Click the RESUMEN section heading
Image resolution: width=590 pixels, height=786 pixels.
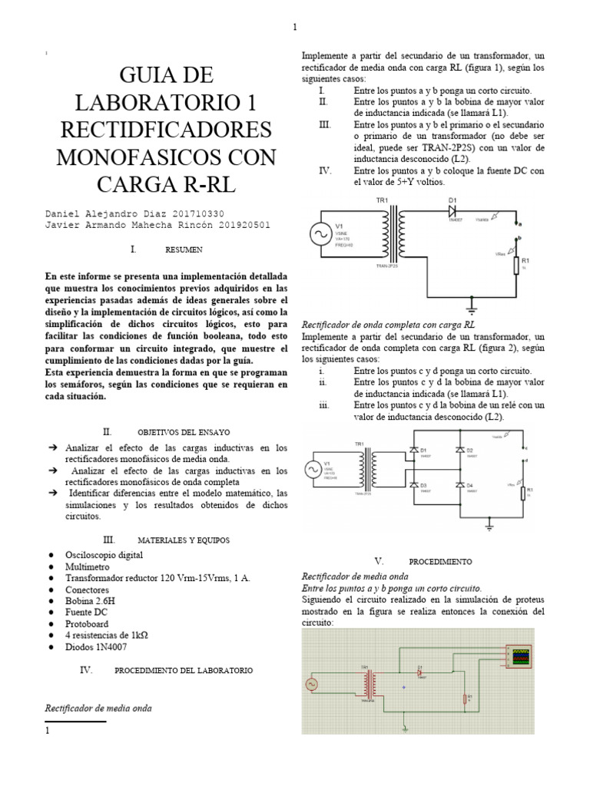[x=184, y=250]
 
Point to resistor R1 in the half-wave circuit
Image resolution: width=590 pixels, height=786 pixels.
[x=516, y=269]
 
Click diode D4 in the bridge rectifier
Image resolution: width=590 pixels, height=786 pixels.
[x=459, y=485]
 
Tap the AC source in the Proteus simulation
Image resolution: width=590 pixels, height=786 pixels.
[x=313, y=682]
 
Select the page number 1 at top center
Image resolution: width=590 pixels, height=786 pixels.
[x=295, y=28]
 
